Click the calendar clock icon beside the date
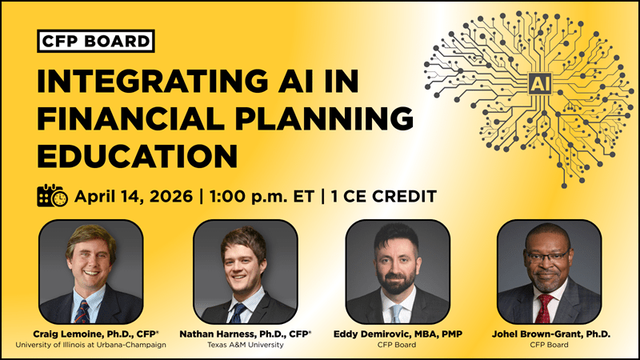coord(52,196)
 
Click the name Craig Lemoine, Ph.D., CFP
coord(90,333)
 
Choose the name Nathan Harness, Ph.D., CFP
coord(245,333)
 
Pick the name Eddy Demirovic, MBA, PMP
coord(397,333)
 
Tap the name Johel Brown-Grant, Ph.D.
coord(549,333)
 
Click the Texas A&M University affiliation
coord(245,346)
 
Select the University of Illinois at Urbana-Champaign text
coord(90,346)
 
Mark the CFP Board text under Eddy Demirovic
coord(397,346)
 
